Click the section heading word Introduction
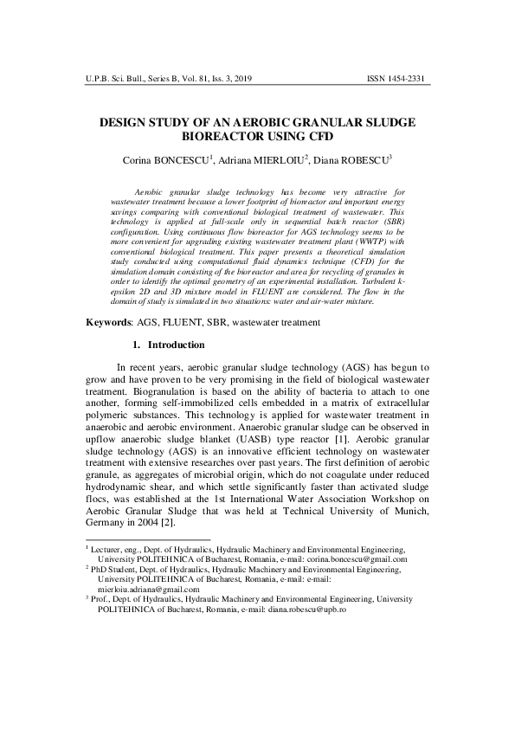coord(177,345)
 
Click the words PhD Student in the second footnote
coord(118,569)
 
